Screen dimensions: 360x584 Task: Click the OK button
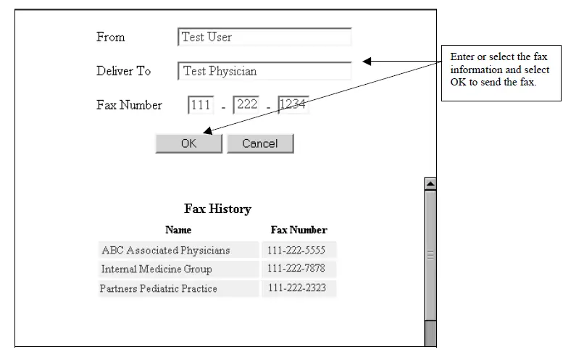[x=188, y=143]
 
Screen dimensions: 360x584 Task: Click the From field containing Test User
[x=264, y=37]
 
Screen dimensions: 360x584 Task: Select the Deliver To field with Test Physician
[x=264, y=71]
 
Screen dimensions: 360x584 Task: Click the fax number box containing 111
[x=200, y=105]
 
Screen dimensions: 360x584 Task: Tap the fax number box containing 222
[x=246, y=105]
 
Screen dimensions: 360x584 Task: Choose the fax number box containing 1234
[x=293, y=105]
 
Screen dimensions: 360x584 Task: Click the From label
[x=111, y=37]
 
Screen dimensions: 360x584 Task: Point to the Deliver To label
[x=123, y=71]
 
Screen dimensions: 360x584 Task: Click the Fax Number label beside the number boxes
[x=129, y=105]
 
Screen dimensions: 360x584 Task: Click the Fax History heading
[x=217, y=209]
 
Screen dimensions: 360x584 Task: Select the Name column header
[x=178, y=230]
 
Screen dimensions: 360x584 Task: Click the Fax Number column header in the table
[x=299, y=230]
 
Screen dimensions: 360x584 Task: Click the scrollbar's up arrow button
[x=430, y=184]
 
